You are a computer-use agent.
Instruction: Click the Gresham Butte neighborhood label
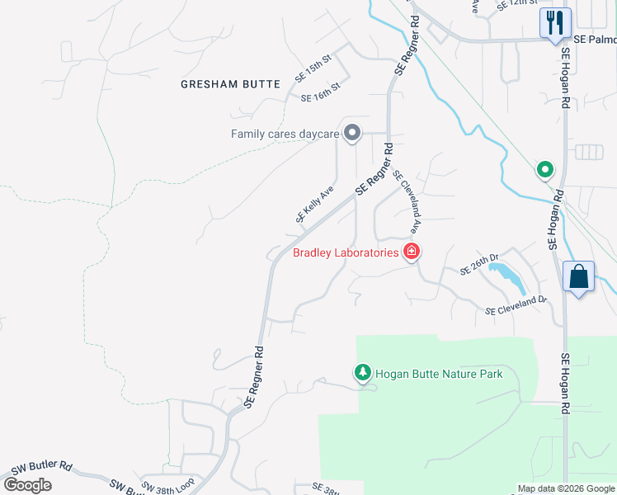(230, 84)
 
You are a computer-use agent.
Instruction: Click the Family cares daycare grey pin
(352, 134)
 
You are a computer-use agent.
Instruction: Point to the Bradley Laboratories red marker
(411, 252)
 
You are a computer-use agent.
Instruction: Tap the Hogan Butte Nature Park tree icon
(362, 374)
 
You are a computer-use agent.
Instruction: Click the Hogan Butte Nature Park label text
(439, 374)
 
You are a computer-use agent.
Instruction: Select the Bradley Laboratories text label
(346, 252)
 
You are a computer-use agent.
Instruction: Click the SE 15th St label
(313, 70)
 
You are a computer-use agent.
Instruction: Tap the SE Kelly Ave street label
(314, 204)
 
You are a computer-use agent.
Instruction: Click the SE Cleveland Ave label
(408, 201)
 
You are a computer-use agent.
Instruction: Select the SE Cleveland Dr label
(516, 305)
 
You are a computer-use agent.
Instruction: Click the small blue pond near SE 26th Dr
(507, 276)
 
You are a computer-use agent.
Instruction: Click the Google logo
(28, 485)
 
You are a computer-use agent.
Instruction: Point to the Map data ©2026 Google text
(566, 488)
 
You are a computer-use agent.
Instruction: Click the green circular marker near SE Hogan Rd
(544, 171)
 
